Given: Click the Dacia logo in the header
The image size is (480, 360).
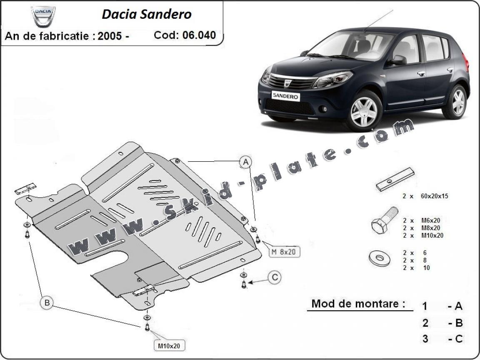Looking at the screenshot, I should point(43,15).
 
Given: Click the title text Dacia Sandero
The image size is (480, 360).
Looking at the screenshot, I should point(146,14).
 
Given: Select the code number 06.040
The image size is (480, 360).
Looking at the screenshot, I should point(199,35).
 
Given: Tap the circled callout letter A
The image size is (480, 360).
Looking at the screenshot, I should point(246,162).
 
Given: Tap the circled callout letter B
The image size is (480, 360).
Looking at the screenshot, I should point(47,302).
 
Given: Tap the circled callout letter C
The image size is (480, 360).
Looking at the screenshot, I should point(274,277).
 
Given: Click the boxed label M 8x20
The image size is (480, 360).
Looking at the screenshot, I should point(285,252).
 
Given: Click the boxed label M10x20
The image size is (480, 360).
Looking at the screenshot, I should point(169,345).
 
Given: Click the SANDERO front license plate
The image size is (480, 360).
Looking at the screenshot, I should point(286,95).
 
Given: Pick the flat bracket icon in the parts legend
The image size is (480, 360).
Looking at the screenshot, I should point(395,179).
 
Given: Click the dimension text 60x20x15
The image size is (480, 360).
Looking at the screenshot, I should point(434,196).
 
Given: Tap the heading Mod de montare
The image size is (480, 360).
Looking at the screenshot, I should point(358,304).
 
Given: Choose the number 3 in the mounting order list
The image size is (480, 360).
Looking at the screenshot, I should point(425,339).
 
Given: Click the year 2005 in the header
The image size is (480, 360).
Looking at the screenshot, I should point(110,36).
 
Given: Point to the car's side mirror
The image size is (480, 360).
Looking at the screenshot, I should point(398,60).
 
